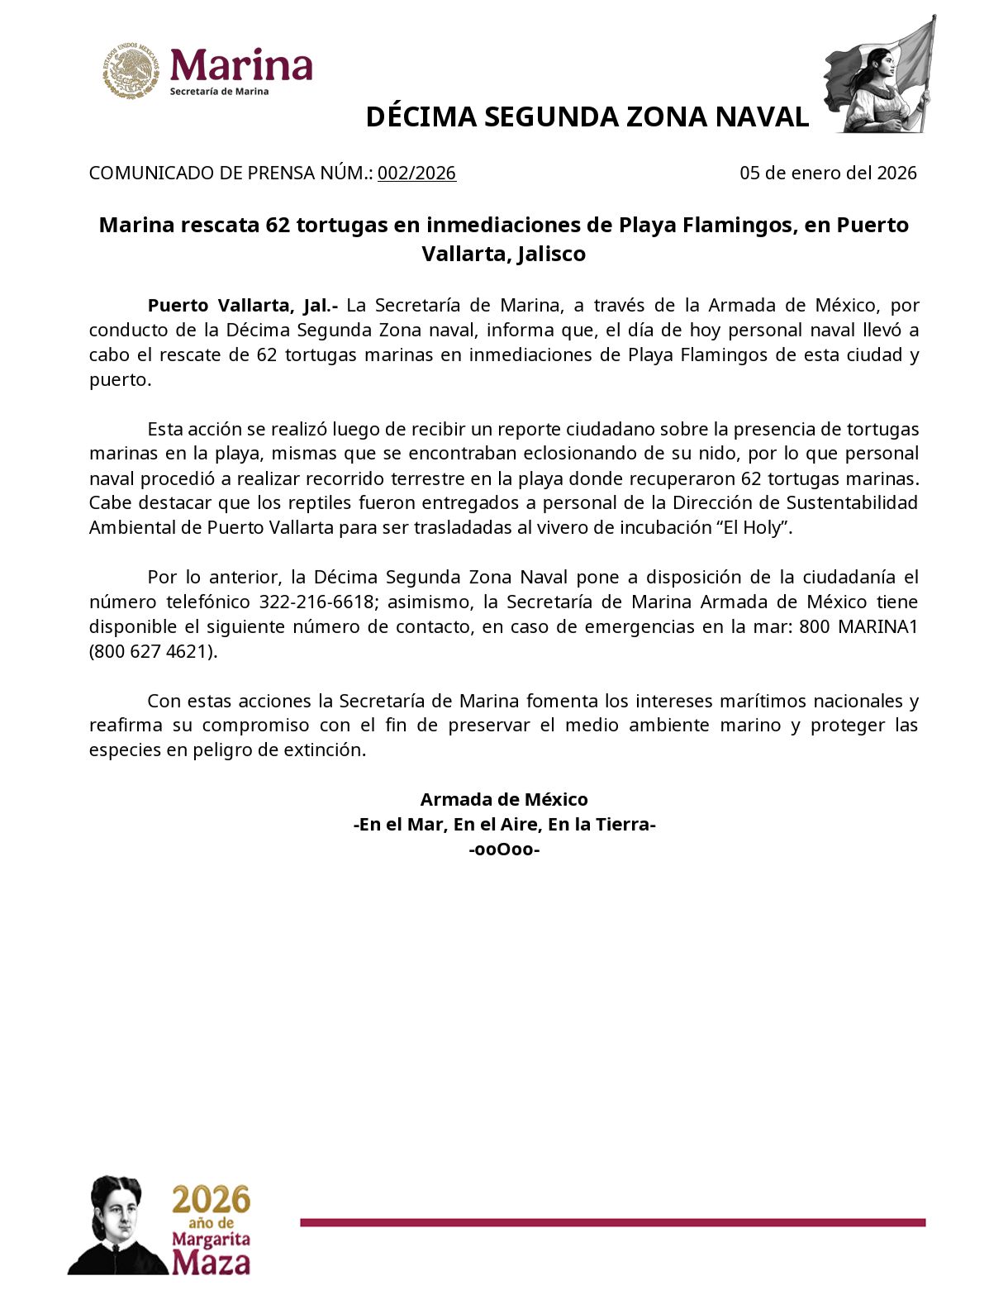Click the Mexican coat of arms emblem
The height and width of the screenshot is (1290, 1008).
click(131, 71)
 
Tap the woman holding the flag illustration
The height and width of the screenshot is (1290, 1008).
click(881, 77)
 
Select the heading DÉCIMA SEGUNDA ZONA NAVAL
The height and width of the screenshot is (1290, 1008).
click(587, 117)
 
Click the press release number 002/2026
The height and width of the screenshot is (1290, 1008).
click(416, 174)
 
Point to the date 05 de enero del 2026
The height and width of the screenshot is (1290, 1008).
click(828, 174)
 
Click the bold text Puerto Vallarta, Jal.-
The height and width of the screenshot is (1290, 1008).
click(243, 306)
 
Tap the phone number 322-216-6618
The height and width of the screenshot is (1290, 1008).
click(316, 602)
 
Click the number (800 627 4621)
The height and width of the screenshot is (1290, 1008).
click(153, 651)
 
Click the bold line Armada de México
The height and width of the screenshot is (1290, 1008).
click(504, 800)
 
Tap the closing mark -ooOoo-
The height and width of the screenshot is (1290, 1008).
click(504, 850)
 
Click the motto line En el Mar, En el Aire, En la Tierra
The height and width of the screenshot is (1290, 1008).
click(504, 825)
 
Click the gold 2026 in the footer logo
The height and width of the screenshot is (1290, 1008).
click(211, 1199)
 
